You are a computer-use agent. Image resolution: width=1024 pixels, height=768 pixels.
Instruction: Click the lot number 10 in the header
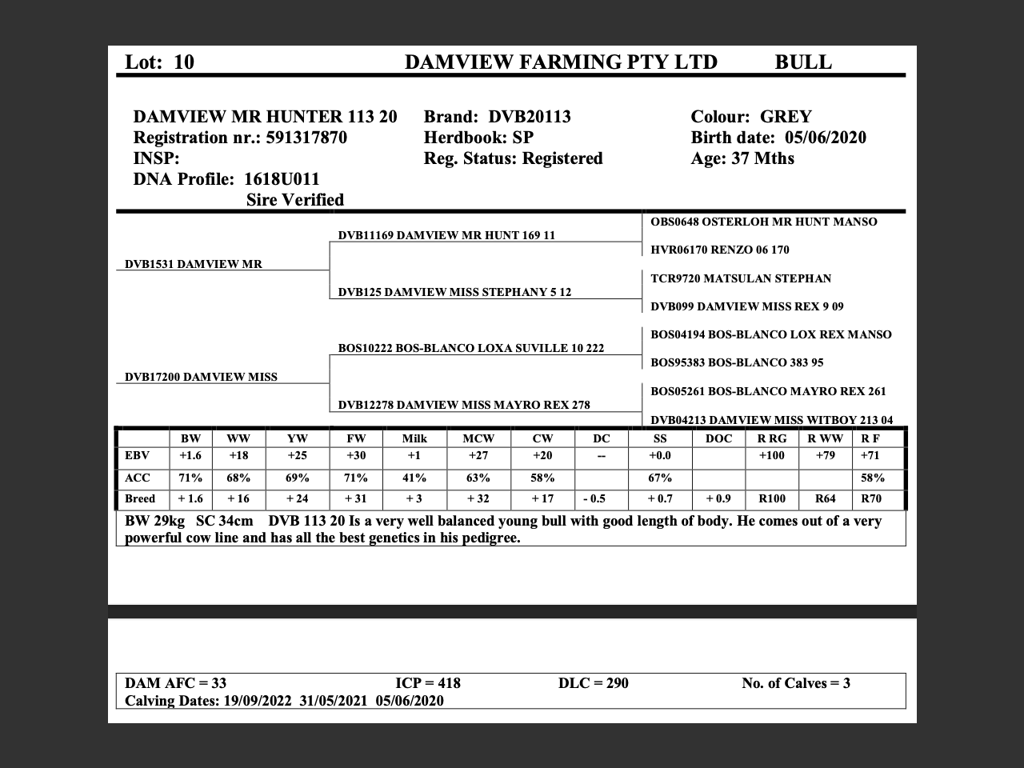pos(183,62)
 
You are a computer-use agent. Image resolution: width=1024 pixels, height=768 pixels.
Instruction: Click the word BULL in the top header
pos(802,62)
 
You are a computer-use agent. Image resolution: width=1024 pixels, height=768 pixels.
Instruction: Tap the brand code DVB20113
pos(530,117)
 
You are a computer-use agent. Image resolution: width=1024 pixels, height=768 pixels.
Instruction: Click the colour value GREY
pos(786,117)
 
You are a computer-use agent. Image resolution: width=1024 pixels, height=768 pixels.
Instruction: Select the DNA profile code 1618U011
pos(282,179)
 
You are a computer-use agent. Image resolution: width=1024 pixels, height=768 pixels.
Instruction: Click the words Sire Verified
pos(295,200)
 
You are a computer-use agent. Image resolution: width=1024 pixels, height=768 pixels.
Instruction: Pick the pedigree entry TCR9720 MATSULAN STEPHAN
pos(741,278)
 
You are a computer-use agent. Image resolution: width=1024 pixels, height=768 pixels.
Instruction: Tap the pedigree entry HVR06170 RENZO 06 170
pos(720,250)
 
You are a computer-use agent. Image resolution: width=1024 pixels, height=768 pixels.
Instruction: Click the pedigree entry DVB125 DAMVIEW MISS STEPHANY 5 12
pos(454,292)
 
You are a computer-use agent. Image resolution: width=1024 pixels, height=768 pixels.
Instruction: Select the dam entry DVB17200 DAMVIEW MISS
pos(201,377)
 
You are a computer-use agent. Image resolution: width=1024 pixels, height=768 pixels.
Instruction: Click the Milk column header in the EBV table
pos(414,438)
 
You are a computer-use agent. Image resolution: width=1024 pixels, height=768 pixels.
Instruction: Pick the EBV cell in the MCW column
pos(478,456)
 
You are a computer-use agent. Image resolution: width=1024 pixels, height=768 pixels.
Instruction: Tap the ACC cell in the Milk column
pos(414,478)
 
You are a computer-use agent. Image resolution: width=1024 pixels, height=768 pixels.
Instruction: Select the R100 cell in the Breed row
pos(772,498)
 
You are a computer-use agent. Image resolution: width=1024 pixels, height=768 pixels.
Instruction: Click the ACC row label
pos(138,478)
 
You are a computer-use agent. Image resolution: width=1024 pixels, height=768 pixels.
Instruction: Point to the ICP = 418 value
pos(428,683)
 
